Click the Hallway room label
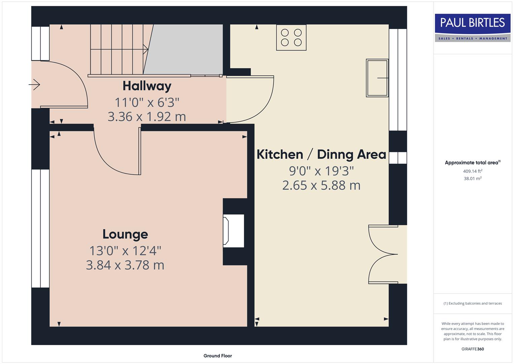click(x=147, y=86)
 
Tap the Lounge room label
click(x=125, y=234)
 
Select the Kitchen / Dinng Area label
click(x=321, y=154)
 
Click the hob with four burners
click(x=291, y=37)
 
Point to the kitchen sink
click(x=377, y=78)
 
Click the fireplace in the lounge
click(x=233, y=231)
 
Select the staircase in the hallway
click(x=118, y=50)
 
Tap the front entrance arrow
click(x=35, y=84)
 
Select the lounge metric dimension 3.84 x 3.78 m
click(x=125, y=265)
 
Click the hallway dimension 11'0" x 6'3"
click(x=147, y=102)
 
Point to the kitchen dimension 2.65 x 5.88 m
click(x=321, y=185)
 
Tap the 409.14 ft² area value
click(x=473, y=171)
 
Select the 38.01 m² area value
click(x=473, y=179)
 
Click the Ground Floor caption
click(x=217, y=356)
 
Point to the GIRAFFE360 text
click(x=473, y=349)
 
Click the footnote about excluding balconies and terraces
click(x=473, y=303)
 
